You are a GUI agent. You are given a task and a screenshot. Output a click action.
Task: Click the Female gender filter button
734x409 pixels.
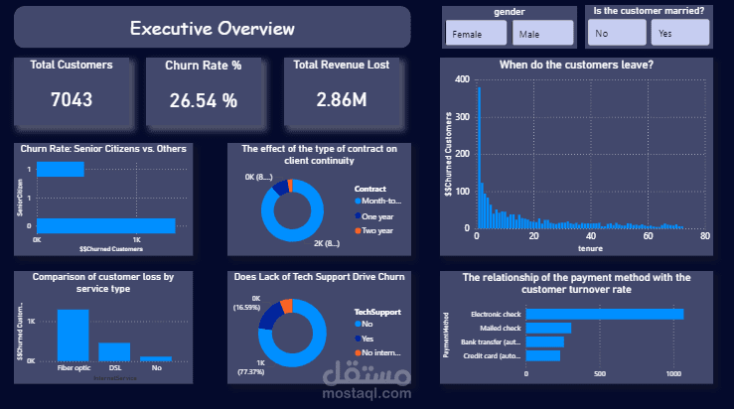(477, 34)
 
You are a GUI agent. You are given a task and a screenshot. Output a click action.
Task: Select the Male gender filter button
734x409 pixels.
(542, 34)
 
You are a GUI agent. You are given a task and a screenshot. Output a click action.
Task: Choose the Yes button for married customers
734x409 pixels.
(679, 33)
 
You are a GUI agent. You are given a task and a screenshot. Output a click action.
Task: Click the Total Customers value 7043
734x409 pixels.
(71, 99)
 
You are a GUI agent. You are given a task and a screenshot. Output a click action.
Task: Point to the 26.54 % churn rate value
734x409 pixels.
(204, 100)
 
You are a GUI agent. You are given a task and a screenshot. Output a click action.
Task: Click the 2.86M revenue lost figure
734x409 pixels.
(341, 99)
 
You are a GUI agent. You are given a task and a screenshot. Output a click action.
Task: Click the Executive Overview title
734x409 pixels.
(213, 28)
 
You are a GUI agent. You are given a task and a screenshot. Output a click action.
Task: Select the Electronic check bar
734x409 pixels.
(604, 314)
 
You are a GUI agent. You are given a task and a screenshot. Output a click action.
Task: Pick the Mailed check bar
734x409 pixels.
(548, 328)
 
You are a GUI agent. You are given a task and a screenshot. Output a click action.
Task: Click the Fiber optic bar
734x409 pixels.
(73, 335)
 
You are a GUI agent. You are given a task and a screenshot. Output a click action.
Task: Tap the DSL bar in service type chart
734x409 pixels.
(114, 351)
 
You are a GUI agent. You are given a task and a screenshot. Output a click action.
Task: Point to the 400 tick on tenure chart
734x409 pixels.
(462, 79)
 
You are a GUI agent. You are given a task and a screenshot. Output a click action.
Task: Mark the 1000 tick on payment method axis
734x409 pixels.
(674, 374)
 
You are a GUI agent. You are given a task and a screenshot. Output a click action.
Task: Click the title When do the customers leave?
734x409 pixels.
(576, 66)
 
